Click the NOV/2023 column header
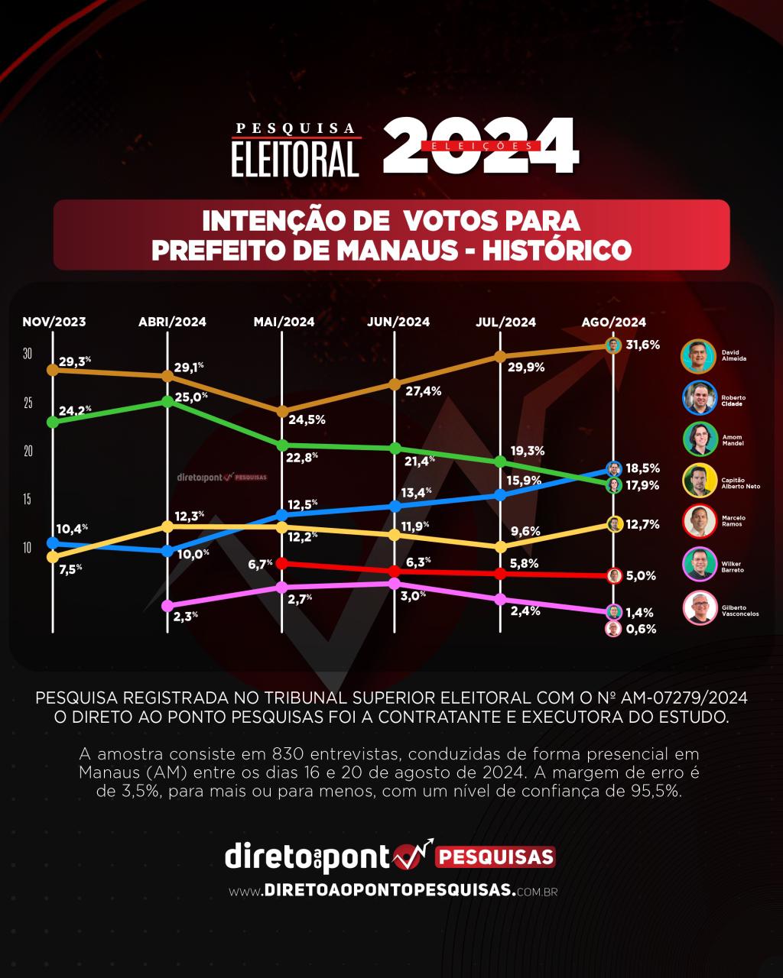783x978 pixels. tap(54, 322)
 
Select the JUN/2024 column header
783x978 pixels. tap(398, 322)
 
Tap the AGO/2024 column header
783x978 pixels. tap(614, 322)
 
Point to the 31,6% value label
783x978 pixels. tap(642, 345)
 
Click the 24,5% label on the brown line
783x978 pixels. tap(308, 419)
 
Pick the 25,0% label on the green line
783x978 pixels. tap(191, 397)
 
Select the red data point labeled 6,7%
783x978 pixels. tap(282, 563)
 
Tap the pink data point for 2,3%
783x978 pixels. tap(167, 606)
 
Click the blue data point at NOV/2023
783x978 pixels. tap(53, 542)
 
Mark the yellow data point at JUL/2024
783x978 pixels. tap(501, 547)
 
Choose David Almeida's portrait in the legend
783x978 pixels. tap(697, 355)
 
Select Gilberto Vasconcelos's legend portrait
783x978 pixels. tap(697, 608)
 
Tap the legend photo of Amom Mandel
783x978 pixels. tap(697, 439)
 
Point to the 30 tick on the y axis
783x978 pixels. tap(28, 354)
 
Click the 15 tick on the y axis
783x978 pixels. tap(28, 500)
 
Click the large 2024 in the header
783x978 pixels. tap(480, 145)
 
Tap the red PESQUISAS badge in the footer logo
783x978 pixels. tap(495, 857)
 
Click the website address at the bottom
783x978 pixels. tap(391, 891)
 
